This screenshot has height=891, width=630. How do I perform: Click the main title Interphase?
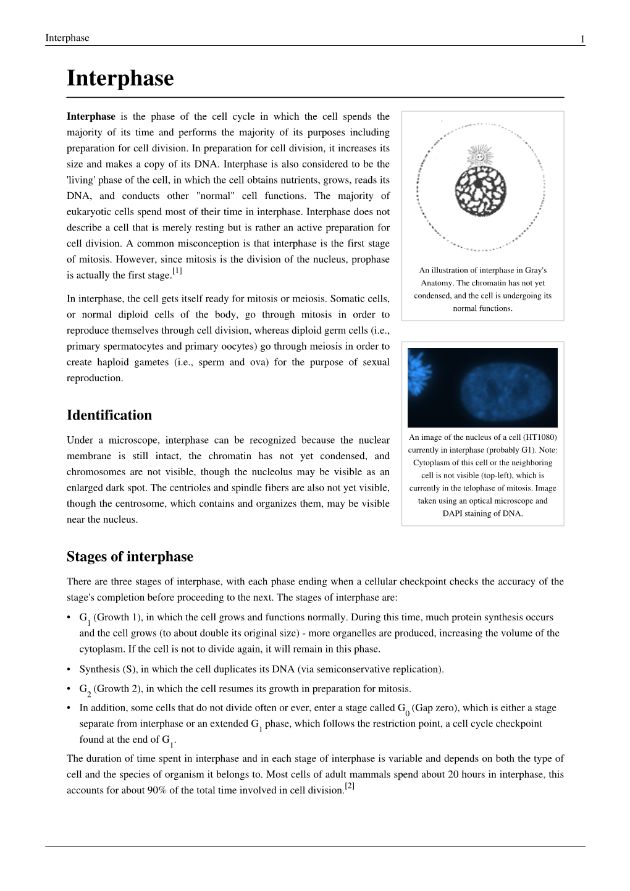click(120, 79)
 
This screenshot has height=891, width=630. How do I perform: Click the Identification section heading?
click(109, 415)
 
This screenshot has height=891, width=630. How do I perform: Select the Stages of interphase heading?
click(130, 557)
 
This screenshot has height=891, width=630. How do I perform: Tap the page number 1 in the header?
click(582, 39)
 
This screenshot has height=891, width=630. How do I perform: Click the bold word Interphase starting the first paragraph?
click(91, 117)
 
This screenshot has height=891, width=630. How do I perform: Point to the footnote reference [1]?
click(177, 271)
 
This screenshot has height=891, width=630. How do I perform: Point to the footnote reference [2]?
click(349, 786)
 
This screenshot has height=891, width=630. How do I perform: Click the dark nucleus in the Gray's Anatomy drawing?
click(480, 191)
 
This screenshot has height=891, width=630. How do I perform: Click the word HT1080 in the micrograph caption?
click(540, 437)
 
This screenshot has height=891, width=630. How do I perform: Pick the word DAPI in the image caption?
click(453, 513)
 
